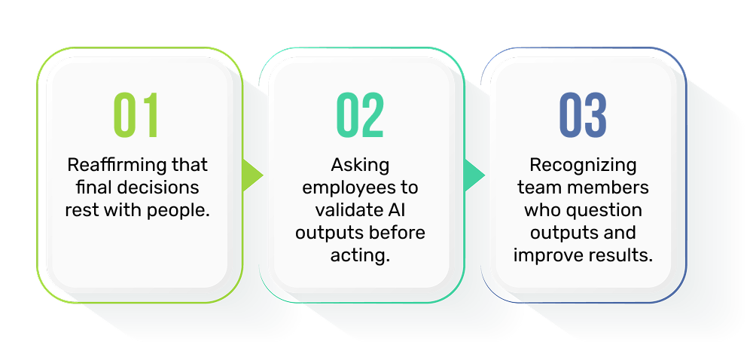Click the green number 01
coord(136,115)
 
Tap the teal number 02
coord(360,115)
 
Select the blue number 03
coord(583,115)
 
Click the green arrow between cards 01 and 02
coord(252,175)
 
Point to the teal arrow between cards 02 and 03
coord(474,175)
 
